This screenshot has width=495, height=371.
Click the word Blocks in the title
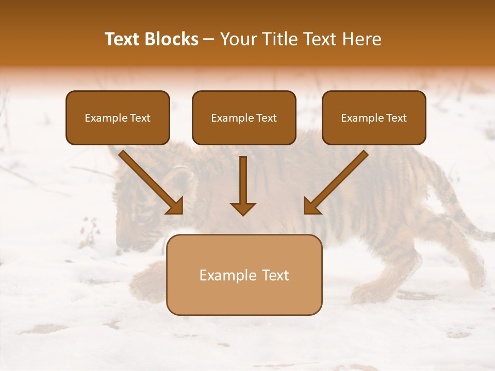(172, 39)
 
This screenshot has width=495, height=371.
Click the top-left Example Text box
(118, 118)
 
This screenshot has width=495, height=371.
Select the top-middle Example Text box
(244, 118)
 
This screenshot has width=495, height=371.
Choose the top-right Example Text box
(374, 118)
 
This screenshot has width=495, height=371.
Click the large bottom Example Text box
(244, 275)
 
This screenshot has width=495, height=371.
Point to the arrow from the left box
(151, 181)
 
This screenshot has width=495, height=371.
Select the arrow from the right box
(336, 181)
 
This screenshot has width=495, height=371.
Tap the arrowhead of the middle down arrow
(243, 208)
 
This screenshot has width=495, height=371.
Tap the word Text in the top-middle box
(267, 118)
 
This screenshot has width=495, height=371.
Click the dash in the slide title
(209, 39)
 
